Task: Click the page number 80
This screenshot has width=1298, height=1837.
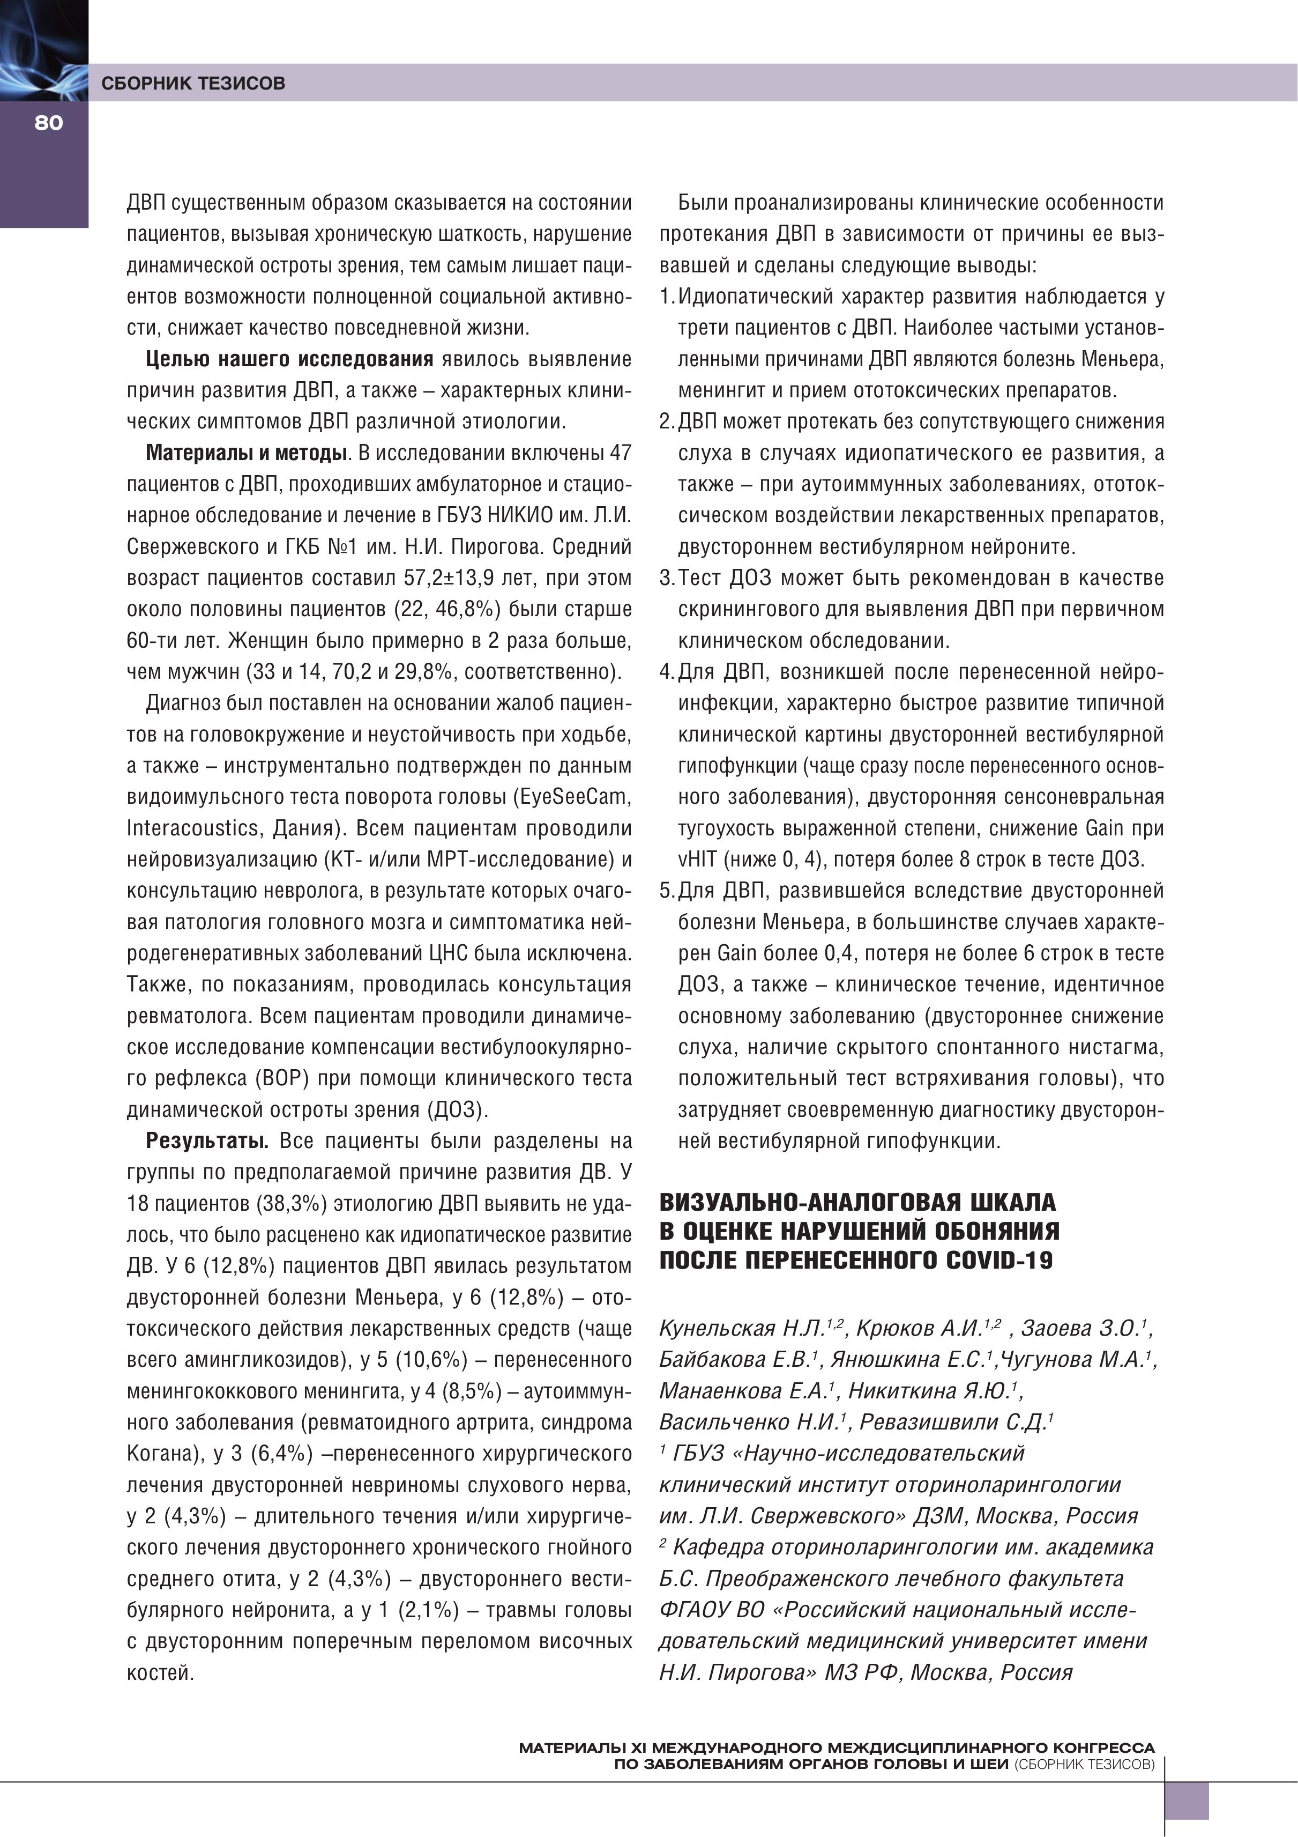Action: tap(48, 122)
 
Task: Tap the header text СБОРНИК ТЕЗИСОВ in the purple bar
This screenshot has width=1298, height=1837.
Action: tap(193, 83)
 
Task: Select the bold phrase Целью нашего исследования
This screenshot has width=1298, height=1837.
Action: tap(289, 359)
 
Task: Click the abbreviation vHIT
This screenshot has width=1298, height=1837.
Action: tap(697, 860)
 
